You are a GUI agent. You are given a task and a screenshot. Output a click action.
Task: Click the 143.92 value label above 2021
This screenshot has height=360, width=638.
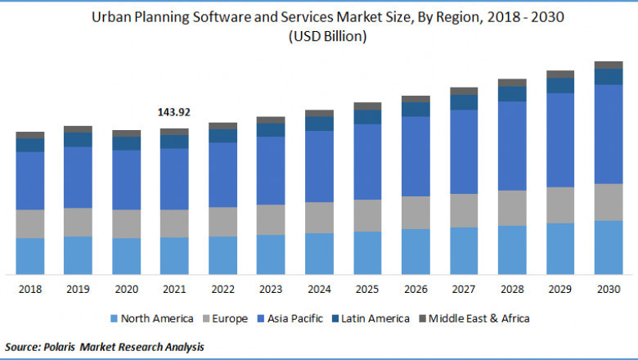pos(173,111)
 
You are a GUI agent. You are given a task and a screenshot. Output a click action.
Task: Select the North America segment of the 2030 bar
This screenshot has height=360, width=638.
pos(609,247)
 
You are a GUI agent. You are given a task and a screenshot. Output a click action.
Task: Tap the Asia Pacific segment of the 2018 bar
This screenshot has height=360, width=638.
pos(30,180)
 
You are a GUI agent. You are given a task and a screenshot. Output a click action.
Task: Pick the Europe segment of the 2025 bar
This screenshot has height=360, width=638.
pos(367,215)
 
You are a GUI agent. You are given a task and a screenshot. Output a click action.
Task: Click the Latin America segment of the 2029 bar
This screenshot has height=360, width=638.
pos(560,85)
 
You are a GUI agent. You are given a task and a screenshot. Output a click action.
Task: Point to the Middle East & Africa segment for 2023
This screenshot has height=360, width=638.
pos(271,119)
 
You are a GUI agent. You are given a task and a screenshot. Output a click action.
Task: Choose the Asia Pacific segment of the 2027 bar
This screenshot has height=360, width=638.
pos(464,151)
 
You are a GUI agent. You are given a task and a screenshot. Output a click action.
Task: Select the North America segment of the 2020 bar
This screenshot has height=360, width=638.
pos(126,256)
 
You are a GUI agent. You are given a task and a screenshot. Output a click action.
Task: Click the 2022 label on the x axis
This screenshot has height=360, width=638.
pos(222,290)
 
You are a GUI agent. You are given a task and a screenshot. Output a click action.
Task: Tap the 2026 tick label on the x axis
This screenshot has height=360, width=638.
pos(416,290)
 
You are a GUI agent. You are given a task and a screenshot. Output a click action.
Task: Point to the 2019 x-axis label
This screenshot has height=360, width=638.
pos(78,290)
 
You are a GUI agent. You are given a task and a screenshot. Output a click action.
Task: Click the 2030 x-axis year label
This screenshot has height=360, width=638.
pos(609,290)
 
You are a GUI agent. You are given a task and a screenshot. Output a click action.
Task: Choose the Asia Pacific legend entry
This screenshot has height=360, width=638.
pos(294,318)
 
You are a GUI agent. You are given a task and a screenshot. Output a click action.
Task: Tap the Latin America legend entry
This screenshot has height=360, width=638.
pos(373,318)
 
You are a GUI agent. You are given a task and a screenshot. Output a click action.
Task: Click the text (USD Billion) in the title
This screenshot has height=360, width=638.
pos(327,36)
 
